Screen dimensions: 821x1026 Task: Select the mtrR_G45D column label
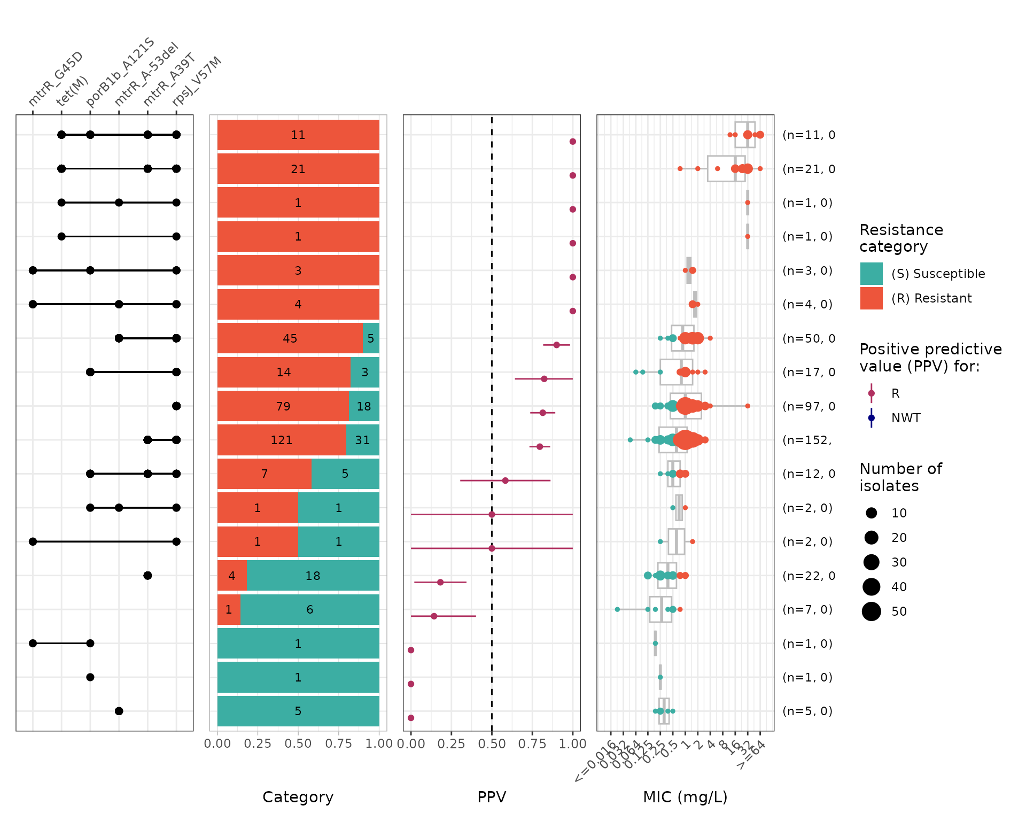[x=56, y=79]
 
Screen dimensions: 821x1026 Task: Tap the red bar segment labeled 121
[x=282, y=440]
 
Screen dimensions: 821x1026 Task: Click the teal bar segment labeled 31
[x=362, y=440]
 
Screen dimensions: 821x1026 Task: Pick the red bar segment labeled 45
[x=290, y=338]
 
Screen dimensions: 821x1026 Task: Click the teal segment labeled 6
[x=309, y=609]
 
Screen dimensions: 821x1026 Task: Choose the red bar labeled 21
[x=298, y=169]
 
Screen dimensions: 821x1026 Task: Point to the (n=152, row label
[x=807, y=440]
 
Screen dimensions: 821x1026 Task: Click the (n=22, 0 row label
[x=809, y=576]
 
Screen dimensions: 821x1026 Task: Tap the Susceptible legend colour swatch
[x=871, y=274]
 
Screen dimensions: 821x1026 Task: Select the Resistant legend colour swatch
[x=871, y=298]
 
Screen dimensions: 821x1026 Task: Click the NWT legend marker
[x=871, y=418]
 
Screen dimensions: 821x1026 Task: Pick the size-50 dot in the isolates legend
[x=871, y=611]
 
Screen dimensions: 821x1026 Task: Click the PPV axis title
[x=491, y=797]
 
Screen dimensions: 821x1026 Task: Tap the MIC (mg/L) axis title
[x=685, y=797]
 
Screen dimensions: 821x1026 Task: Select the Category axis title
[x=298, y=797]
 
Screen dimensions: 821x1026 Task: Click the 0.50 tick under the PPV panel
[x=492, y=744]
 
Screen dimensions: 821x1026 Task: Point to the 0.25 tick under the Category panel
[x=258, y=744]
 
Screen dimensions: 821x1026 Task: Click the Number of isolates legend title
[x=900, y=477]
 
